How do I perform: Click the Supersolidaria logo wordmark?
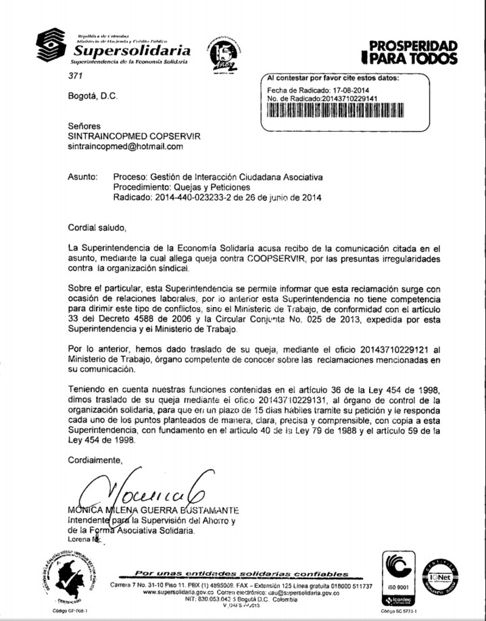click(131, 51)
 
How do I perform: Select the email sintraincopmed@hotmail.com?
click(126, 146)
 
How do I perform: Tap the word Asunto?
click(83, 177)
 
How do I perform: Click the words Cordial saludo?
click(97, 227)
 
